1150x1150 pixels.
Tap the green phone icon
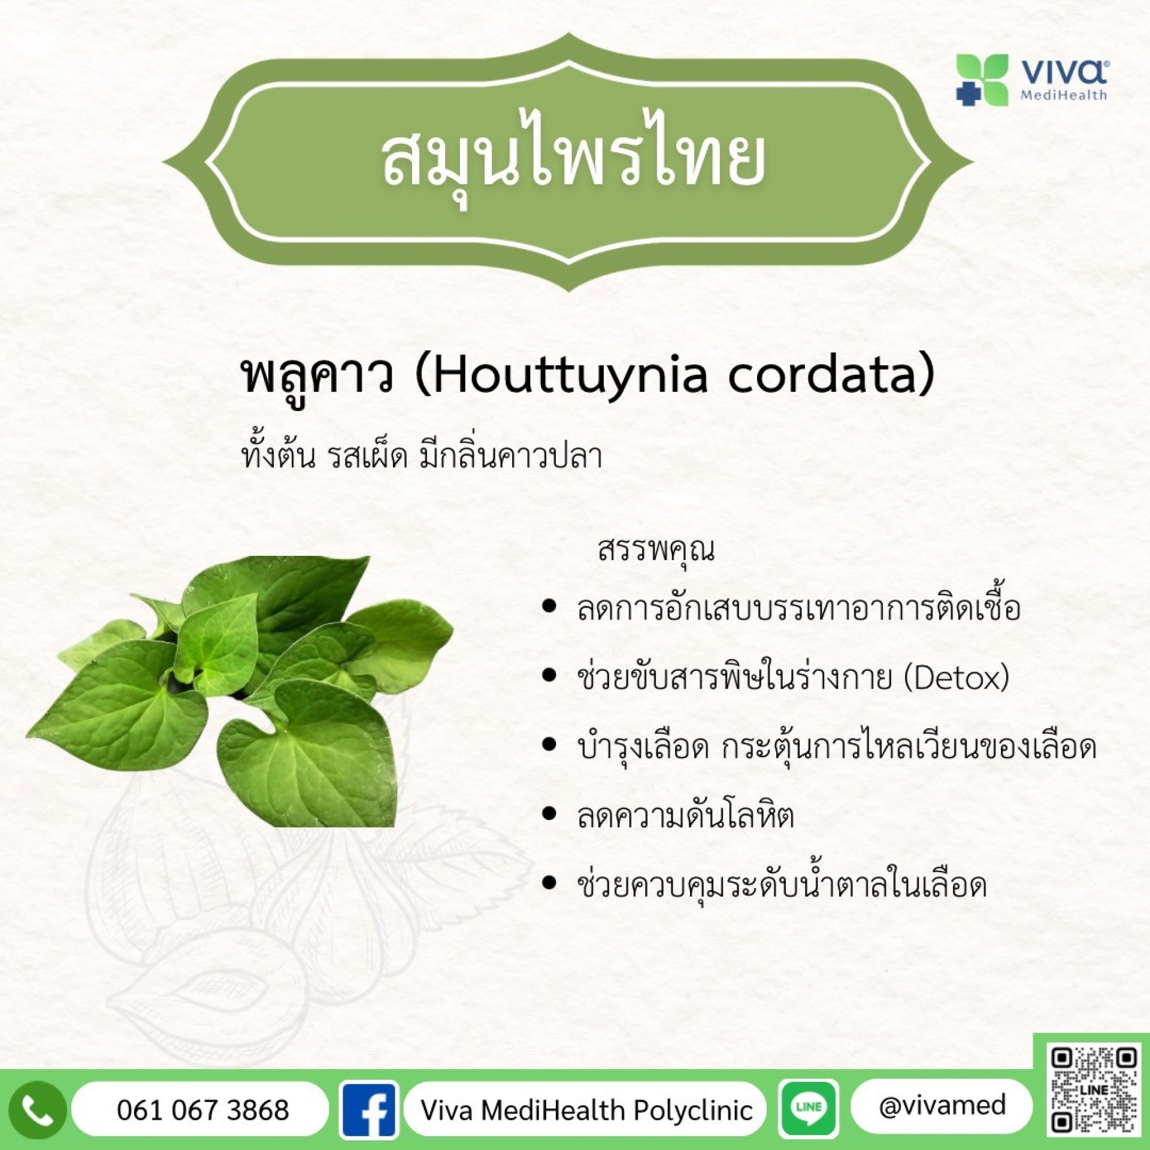click(x=37, y=1110)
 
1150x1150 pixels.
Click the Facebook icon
click(x=369, y=1110)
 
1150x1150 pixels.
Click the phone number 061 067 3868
click(x=202, y=1110)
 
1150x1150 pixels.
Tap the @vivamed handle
click(x=942, y=1106)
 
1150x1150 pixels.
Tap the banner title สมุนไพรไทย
click(x=574, y=160)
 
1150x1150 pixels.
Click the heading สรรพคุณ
click(x=656, y=550)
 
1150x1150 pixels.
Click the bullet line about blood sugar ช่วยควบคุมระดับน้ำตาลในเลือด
click(x=782, y=883)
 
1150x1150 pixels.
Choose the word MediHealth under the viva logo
click(x=1064, y=95)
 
